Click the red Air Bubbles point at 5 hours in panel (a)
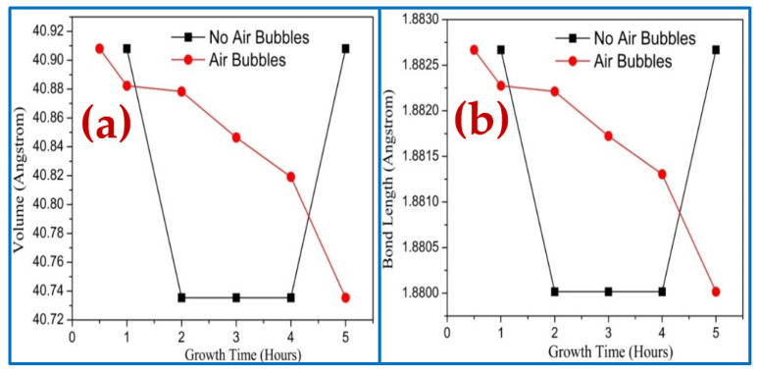[x=345, y=297]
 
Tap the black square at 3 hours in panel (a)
[x=235, y=297]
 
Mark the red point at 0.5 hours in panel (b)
[x=474, y=50]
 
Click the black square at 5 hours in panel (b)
[x=716, y=49]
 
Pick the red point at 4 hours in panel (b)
[x=662, y=174]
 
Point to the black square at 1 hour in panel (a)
[x=126, y=48]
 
